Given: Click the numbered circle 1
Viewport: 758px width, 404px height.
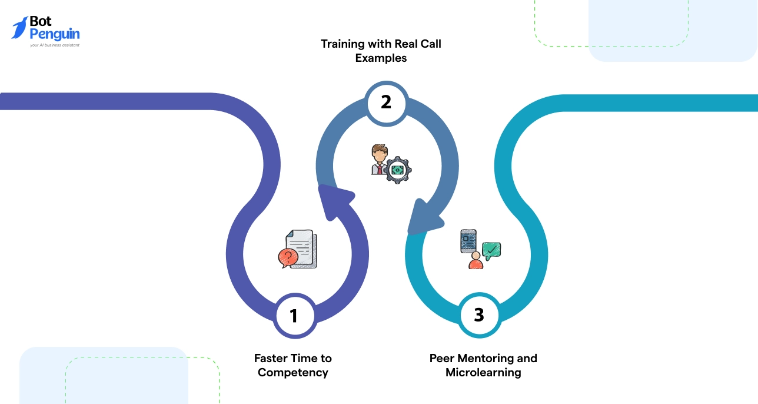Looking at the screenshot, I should coord(294,316).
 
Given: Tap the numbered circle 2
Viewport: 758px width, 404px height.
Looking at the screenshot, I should coord(386,102).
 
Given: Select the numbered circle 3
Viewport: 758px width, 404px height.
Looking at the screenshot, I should coord(479,315).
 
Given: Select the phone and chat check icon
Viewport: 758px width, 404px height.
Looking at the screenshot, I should coord(480,249).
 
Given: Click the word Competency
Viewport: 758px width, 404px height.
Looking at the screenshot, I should coord(292,372).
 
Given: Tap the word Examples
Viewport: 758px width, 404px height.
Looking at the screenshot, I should coord(381,58).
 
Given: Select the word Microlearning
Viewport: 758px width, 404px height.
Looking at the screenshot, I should coord(483,372).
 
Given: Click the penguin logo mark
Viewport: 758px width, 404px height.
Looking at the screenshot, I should coord(19,28).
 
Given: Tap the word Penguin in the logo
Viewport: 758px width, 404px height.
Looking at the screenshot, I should coord(55,34).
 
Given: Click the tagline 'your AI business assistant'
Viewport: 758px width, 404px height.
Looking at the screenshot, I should coord(55,45).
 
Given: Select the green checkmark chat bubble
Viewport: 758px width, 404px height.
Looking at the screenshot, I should coord(491,250).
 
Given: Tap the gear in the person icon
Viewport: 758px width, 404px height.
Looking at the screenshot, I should coord(398,169).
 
